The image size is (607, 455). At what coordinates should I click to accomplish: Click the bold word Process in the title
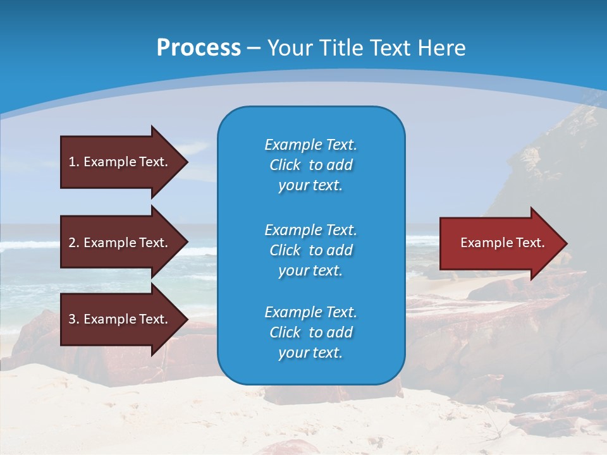point(199,48)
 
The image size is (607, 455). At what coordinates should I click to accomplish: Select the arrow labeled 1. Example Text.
point(118,162)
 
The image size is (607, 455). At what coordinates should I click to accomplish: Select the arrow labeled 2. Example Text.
point(118,243)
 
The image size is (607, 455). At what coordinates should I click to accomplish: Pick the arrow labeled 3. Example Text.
point(118,319)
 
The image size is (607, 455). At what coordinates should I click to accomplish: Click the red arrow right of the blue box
point(500,243)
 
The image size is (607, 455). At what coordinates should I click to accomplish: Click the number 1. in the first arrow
point(74,162)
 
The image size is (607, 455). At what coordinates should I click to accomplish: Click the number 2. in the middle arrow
point(74,243)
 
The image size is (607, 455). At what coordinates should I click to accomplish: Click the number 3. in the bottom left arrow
point(74,319)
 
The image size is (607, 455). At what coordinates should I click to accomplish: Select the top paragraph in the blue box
point(310,165)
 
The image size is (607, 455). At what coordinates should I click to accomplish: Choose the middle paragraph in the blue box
point(310,250)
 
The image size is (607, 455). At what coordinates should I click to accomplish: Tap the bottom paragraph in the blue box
point(310,332)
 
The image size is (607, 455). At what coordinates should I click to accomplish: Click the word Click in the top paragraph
point(285,165)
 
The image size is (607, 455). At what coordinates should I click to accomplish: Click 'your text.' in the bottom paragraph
point(310,353)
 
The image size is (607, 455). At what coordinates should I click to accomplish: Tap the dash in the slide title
point(254,48)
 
